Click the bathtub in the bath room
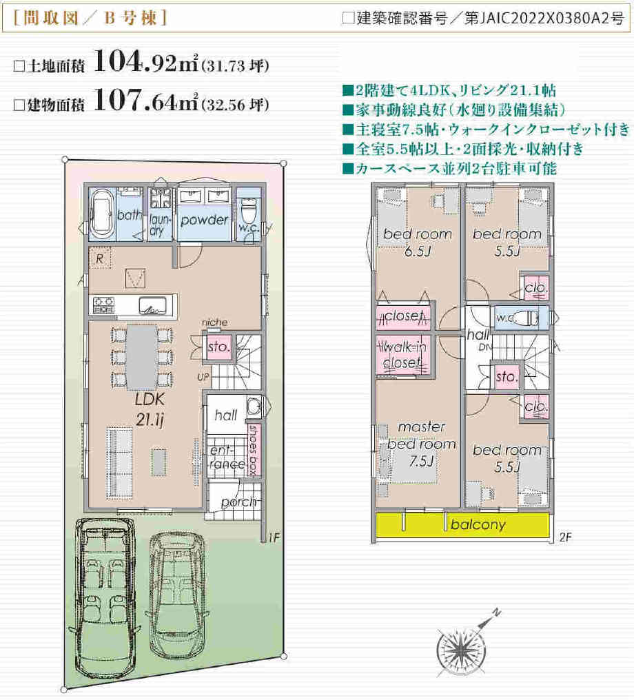point(102,214)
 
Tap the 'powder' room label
point(205,220)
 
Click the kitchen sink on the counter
point(152,305)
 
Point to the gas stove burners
point(103,305)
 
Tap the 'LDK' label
point(150,399)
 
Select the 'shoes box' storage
point(254,449)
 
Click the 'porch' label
point(238,502)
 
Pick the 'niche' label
point(215,322)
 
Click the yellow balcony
point(462,525)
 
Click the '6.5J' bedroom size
point(418,251)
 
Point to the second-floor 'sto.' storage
point(507,377)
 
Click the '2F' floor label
point(565,537)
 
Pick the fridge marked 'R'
point(100,258)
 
